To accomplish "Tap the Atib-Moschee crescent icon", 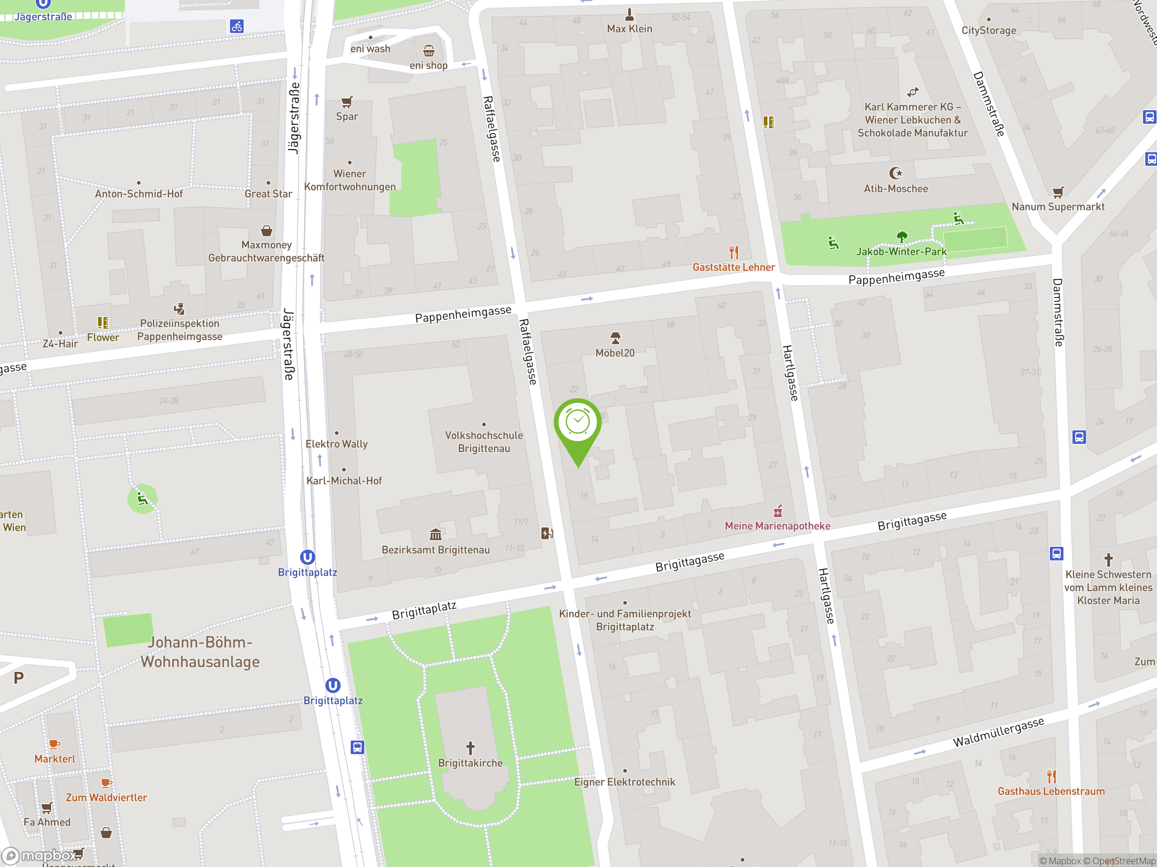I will (895, 173).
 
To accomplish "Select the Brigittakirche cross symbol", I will (470, 748).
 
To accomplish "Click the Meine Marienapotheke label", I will (777, 526).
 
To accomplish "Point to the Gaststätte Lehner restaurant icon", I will (734, 252).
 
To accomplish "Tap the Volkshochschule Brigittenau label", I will (484, 442).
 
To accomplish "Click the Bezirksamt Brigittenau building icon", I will (435, 534).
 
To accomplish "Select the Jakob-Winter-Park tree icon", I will (902, 237).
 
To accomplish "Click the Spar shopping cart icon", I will (347, 102).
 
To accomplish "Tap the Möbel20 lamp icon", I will (615, 338).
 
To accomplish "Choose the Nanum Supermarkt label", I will (1058, 206).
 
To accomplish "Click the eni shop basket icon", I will (429, 51).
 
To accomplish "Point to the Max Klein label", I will (629, 29).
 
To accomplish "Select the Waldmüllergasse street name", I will (998, 732).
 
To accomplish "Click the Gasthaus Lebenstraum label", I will (1051, 791).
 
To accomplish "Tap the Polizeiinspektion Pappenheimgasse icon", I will (179, 308).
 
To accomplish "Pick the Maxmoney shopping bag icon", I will (266, 230).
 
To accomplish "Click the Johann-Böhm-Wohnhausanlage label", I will (200, 652).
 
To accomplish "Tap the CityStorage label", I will (988, 30).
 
